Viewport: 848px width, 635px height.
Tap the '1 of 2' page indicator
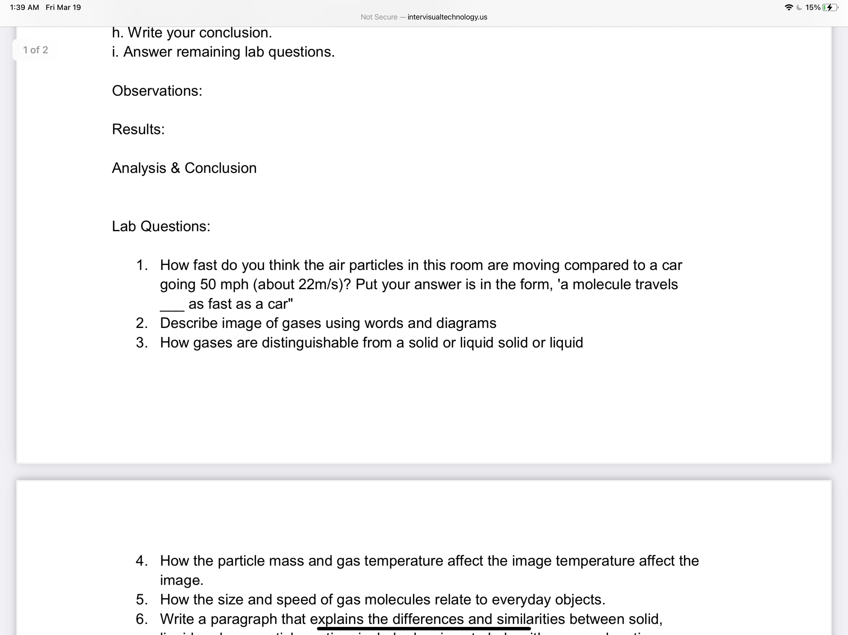tap(35, 50)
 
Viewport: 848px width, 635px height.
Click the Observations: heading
tap(157, 91)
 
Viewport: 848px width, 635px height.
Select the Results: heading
tap(138, 130)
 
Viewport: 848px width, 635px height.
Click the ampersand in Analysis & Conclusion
tap(175, 168)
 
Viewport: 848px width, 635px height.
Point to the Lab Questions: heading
tap(161, 226)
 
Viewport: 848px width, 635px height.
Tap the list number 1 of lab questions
tap(142, 265)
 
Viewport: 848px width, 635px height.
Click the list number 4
tap(142, 561)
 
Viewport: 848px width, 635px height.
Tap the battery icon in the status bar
tap(830, 7)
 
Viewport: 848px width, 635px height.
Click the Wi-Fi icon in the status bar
tap(789, 7)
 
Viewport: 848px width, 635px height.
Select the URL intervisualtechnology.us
tap(447, 17)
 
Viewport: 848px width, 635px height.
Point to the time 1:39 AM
tap(24, 7)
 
